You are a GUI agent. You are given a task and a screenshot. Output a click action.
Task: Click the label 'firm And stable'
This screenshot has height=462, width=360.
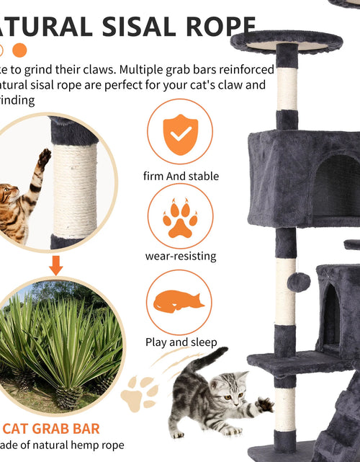pyautogui.click(x=181, y=176)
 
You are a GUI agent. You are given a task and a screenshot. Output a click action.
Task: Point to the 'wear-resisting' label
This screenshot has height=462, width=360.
pyautogui.click(x=180, y=256)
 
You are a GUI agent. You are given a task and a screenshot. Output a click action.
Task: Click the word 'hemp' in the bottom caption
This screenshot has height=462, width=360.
pyautogui.click(x=86, y=446)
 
